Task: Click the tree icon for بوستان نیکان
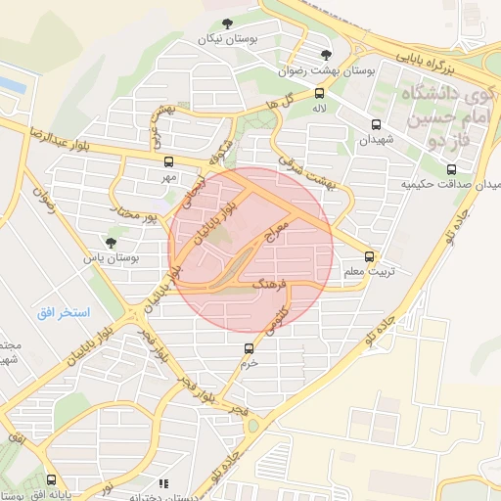228,24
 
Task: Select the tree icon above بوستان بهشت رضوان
326,55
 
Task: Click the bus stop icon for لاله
319,94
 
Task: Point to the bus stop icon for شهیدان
376,124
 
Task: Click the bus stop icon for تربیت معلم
368,253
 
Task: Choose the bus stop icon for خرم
249,348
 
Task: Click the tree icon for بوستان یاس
110,241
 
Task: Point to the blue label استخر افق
64,313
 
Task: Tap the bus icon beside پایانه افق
51,479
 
